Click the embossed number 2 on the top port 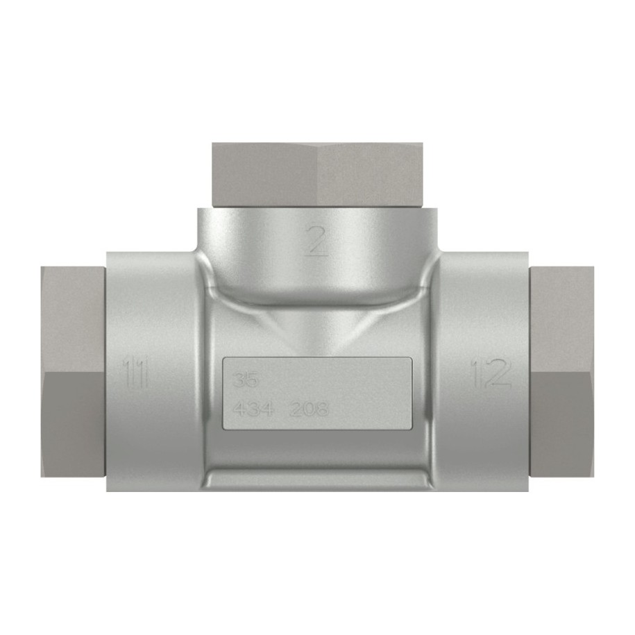point(316,241)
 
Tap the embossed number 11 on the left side point(135,373)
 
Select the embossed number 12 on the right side point(491,373)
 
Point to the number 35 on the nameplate point(246,380)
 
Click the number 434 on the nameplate point(254,409)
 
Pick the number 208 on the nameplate point(309,409)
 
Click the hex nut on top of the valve point(318,175)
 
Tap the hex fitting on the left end point(74,371)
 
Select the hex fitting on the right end point(561,371)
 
